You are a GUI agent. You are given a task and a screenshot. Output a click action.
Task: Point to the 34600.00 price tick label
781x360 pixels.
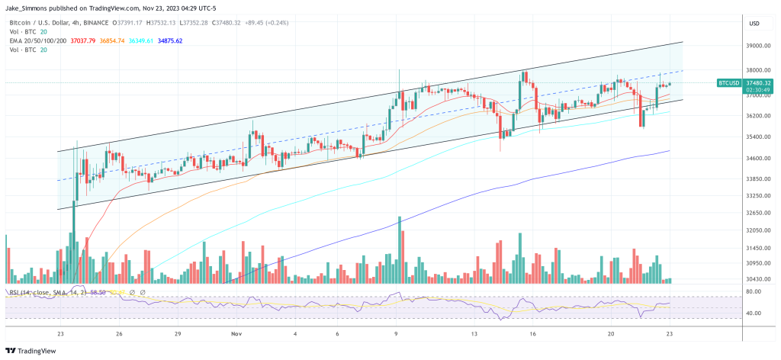click(x=759, y=159)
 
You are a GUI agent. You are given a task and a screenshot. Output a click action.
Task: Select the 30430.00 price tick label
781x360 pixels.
click(x=759, y=279)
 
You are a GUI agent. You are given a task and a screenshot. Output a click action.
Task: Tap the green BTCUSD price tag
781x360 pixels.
click(x=729, y=82)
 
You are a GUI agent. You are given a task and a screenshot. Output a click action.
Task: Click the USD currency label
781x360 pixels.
click(x=754, y=24)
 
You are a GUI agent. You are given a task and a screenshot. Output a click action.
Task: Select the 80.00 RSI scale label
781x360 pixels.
click(x=755, y=291)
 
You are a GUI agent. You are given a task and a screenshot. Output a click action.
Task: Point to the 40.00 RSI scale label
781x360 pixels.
click(x=755, y=313)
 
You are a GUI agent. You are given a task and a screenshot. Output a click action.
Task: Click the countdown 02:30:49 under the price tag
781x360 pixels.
click(x=759, y=90)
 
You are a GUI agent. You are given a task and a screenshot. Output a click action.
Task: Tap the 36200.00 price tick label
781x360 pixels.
click(x=759, y=116)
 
